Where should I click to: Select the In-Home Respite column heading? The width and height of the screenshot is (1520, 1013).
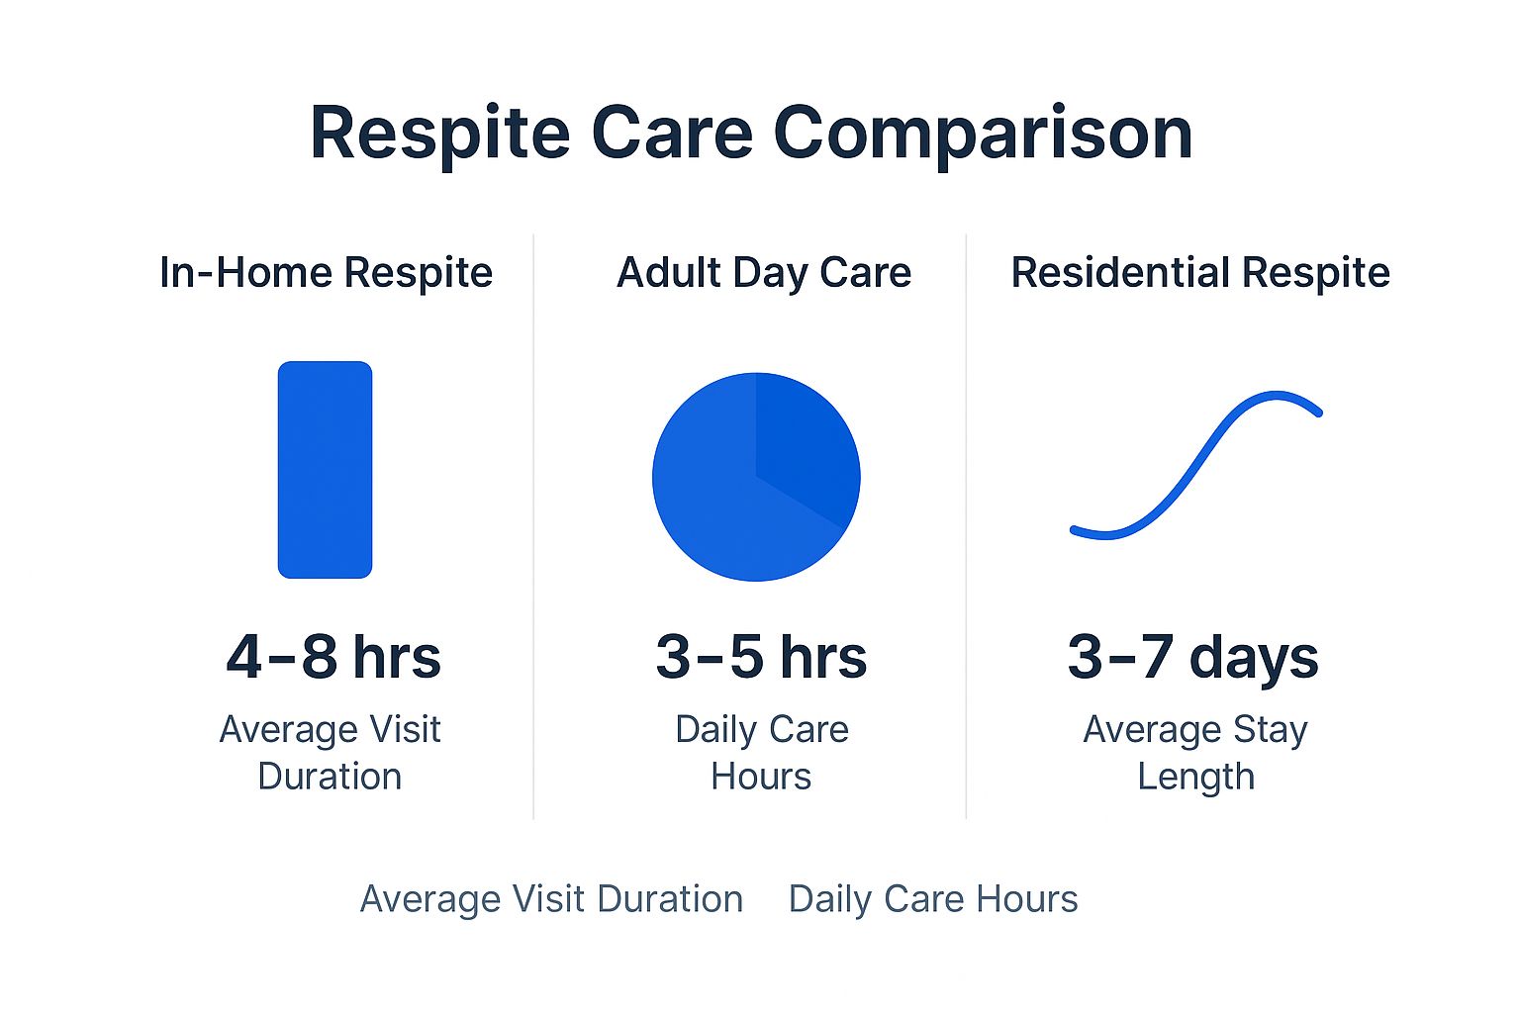point(326,273)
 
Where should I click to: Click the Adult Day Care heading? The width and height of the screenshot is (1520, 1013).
point(764,273)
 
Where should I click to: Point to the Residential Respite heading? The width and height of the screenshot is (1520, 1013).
point(1199,273)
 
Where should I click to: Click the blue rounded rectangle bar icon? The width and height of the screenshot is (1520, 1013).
point(325,469)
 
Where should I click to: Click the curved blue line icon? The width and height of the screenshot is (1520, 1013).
point(1195,465)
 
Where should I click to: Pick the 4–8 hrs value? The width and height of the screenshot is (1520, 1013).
point(333,657)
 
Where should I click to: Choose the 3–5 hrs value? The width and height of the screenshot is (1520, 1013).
point(761,657)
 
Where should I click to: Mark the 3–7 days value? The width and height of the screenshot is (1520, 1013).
point(1192,657)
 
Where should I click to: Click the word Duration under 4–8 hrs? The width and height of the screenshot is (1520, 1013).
point(330,777)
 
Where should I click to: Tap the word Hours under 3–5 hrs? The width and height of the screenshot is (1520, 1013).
point(761,777)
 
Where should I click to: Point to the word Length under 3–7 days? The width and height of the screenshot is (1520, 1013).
point(1195,777)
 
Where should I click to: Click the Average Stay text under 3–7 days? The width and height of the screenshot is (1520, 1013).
point(1195,730)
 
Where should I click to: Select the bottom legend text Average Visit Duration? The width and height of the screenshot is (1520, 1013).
point(551,899)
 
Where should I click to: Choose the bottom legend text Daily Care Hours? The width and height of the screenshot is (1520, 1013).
point(933,899)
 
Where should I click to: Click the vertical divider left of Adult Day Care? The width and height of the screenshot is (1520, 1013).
point(533,524)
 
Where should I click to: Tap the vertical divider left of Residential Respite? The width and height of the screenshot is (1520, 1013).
point(966,524)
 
